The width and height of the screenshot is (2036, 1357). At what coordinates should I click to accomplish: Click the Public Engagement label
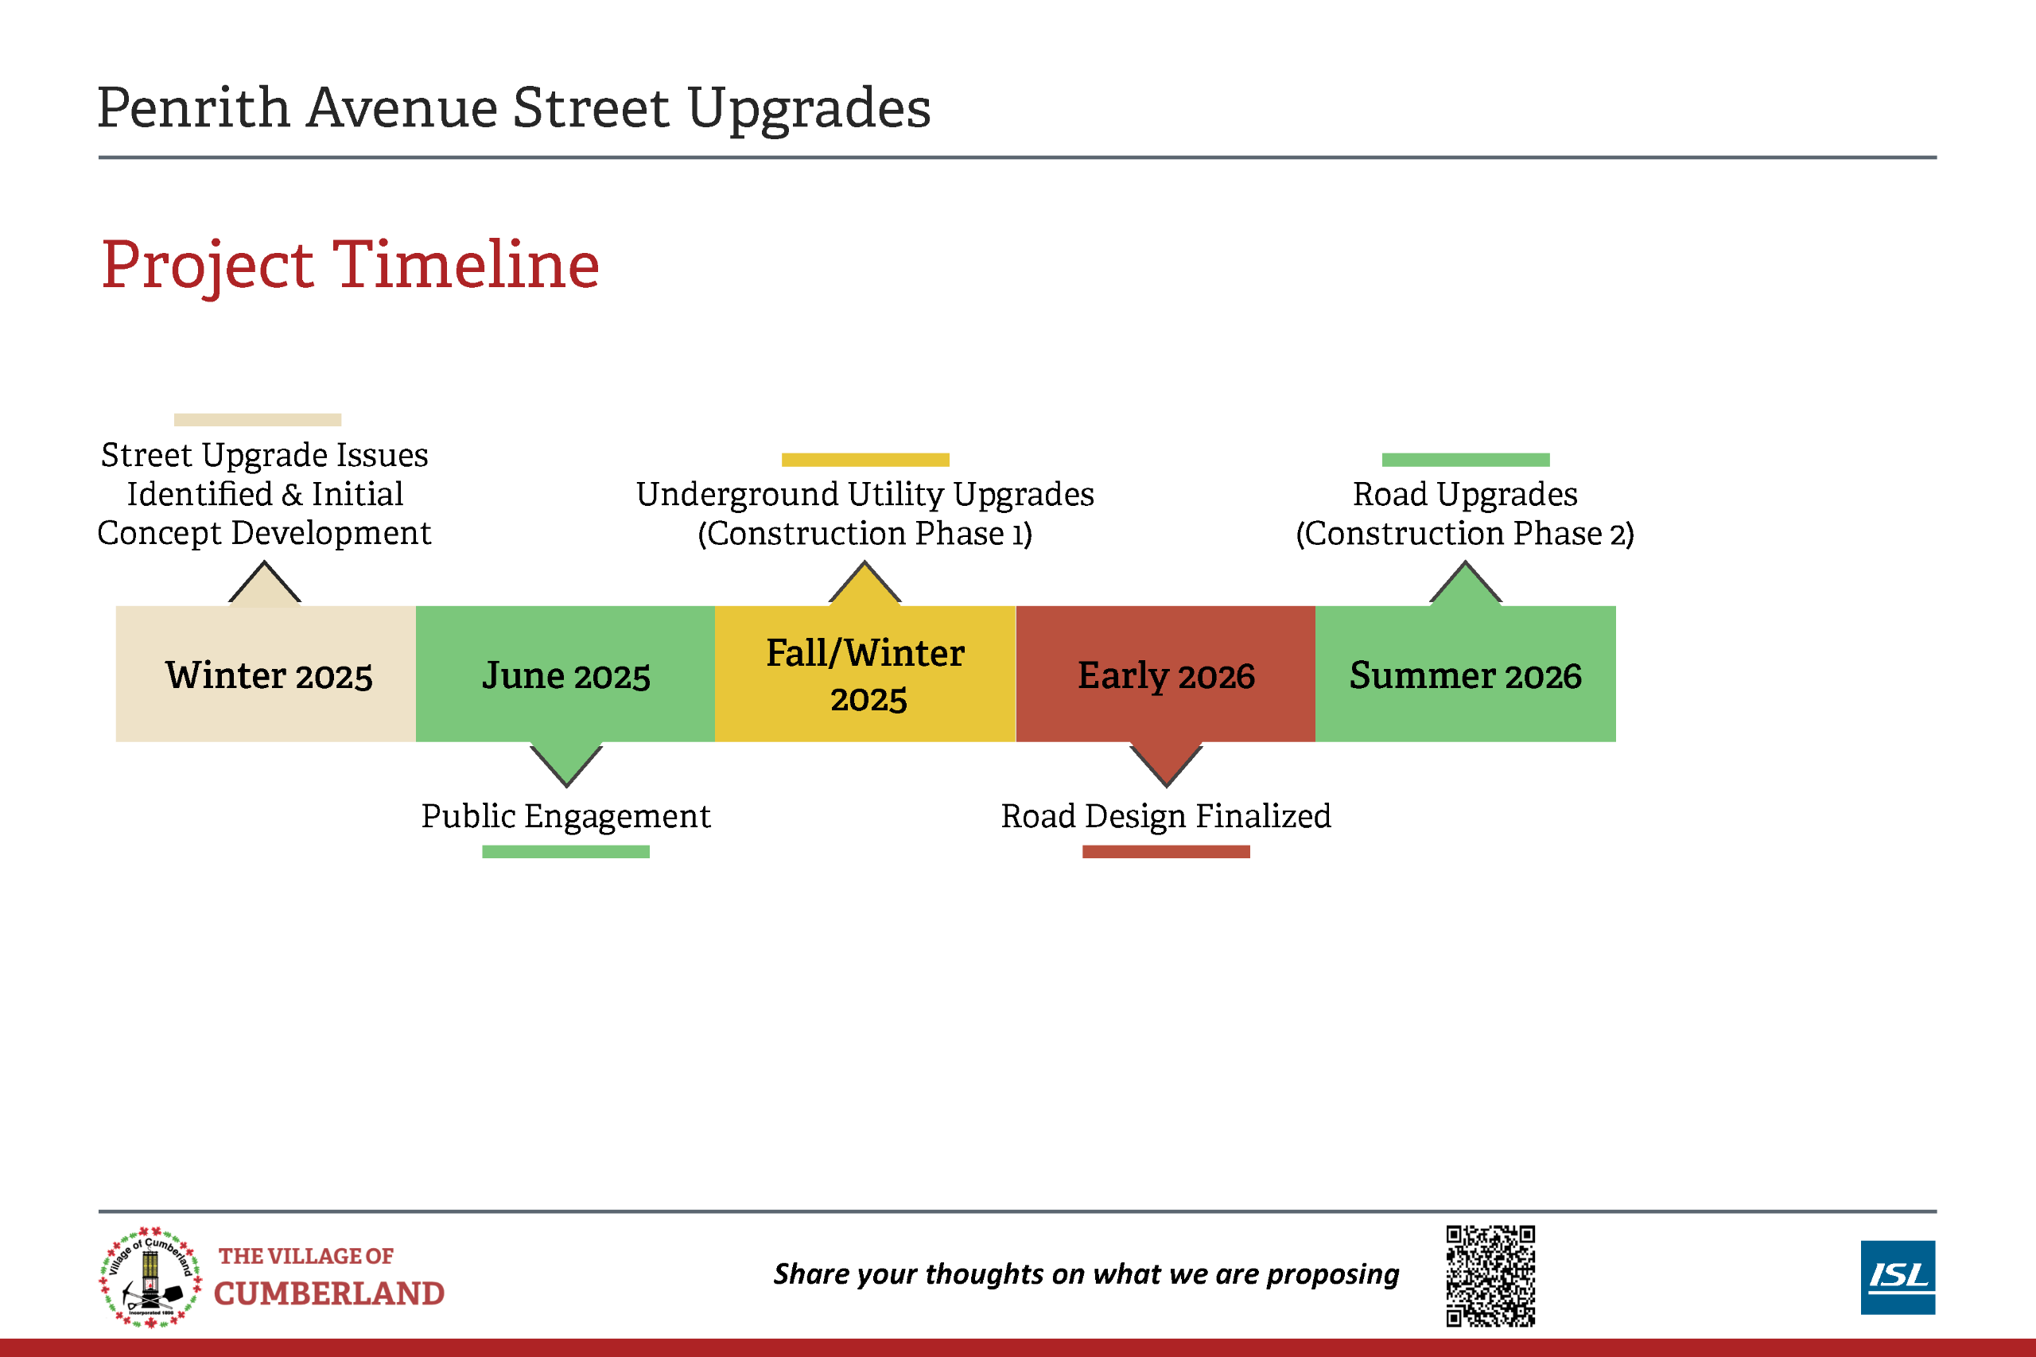pyautogui.click(x=566, y=816)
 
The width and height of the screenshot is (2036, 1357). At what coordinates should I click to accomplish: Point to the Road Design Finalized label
pyautogui.click(x=1165, y=816)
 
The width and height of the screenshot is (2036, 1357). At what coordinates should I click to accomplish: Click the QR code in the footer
pyautogui.click(x=1490, y=1276)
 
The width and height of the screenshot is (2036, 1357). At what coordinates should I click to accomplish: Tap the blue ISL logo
pyautogui.click(x=1898, y=1277)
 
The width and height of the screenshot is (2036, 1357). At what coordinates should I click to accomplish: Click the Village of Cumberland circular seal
pyautogui.click(x=150, y=1277)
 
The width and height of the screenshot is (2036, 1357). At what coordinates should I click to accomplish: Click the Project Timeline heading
pyautogui.click(x=351, y=265)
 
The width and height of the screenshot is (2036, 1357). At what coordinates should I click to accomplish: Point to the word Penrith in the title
pyautogui.click(x=193, y=108)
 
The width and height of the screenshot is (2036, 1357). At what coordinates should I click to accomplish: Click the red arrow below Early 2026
pyautogui.click(x=1165, y=764)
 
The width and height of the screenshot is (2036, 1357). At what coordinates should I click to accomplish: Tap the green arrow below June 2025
pyautogui.click(x=566, y=764)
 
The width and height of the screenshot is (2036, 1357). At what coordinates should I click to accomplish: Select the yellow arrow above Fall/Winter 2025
pyautogui.click(x=865, y=583)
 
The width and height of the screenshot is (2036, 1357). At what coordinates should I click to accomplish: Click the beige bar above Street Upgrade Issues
pyautogui.click(x=258, y=420)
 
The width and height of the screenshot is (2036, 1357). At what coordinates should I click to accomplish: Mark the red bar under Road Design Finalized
pyautogui.click(x=1165, y=852)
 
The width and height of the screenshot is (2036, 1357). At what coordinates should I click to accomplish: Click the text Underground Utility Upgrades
pyautogui.click(x=865, y=494)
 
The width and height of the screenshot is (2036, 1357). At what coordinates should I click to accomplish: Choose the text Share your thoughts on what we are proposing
pyautogui.click(x=1086, y=1275)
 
